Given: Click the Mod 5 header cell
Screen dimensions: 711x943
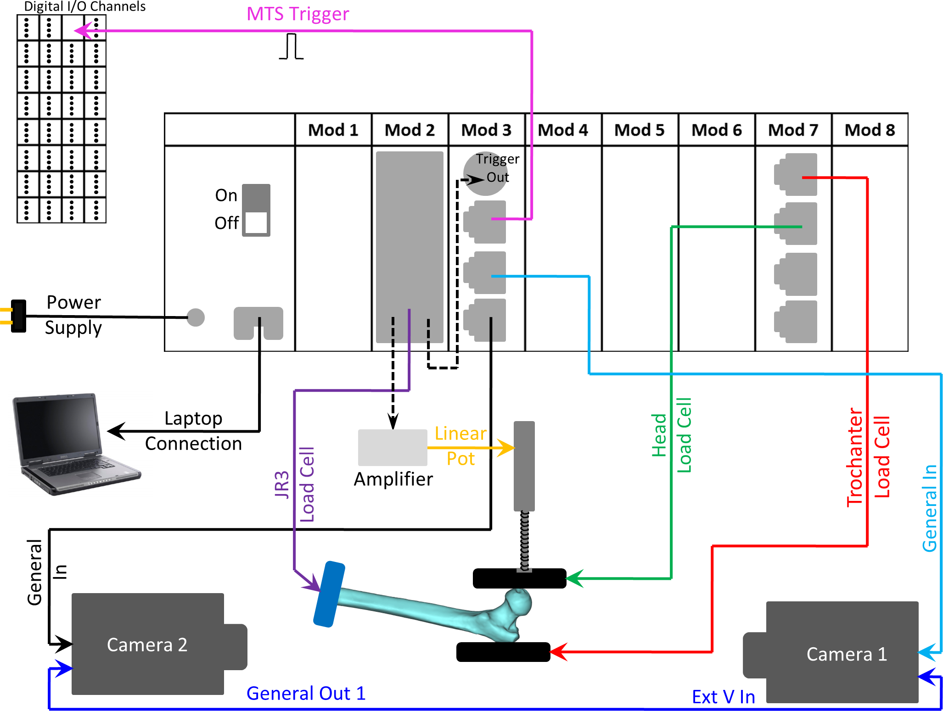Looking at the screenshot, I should [x=640, y=130].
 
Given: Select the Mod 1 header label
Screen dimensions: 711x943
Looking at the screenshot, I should [x=333, y=130].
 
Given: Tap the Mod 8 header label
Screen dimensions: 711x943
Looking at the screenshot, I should [x=870, y=130].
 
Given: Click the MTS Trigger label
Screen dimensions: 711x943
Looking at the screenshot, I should [x=297, y=14].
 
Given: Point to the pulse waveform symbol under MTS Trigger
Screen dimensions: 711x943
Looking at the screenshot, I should [x=292, y=47].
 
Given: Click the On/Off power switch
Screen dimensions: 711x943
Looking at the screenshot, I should [x=256, y=210].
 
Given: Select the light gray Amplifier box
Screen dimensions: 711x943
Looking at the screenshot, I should [x=393, y=447].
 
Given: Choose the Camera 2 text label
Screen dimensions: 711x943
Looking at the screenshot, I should [x=147, y=645].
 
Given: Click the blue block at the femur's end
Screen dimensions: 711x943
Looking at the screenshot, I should [x=329, y=594].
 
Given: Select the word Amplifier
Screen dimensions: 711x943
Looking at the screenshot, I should [x=393, y=479].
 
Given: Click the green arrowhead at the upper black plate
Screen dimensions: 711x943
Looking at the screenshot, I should [x=574, y=578].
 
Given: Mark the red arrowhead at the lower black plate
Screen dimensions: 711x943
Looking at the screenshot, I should [x=558, y=652].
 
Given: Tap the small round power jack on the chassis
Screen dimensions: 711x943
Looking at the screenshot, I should [x=196, y=317].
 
